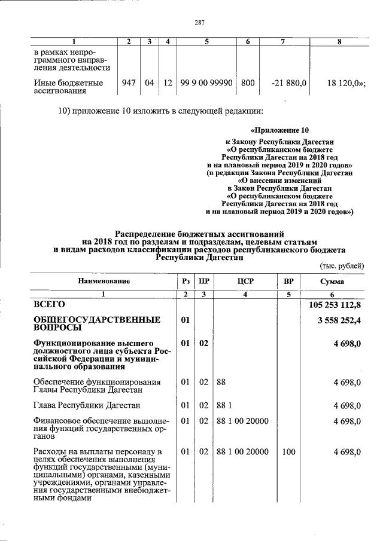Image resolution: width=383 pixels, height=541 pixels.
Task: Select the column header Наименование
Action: click(x=103, y=281)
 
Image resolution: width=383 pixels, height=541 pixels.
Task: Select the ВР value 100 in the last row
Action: click(x=288, y=452)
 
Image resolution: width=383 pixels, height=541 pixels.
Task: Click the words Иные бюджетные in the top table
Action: click(x=68, y=83)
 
